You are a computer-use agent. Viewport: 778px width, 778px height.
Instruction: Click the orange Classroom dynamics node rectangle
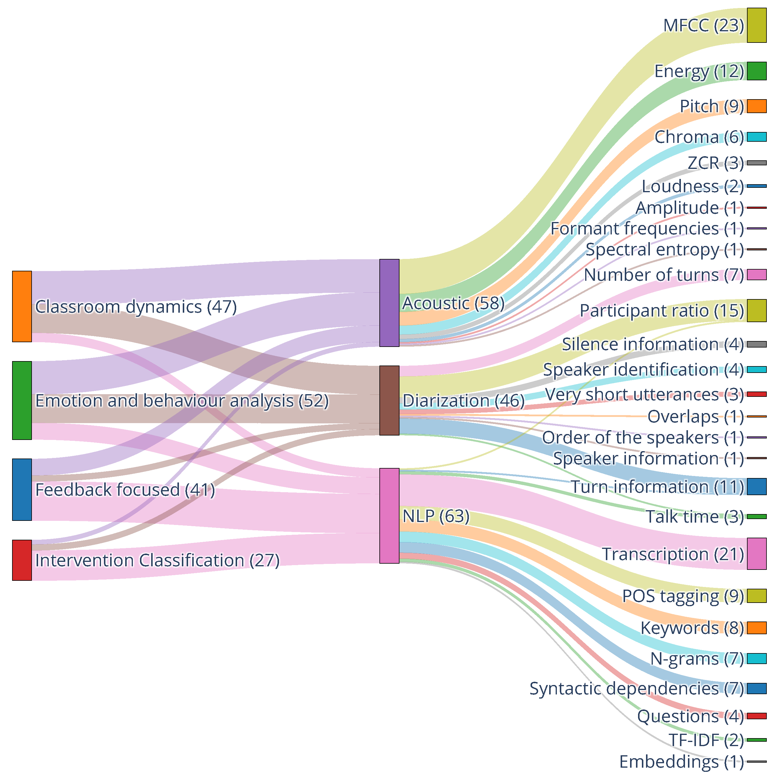point(22,306)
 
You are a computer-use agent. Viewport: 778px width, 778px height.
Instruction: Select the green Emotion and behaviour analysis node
point(22,400)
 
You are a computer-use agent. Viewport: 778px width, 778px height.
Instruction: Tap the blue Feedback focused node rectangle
point(22,489)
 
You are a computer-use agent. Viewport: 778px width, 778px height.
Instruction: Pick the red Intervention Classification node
point(22,560)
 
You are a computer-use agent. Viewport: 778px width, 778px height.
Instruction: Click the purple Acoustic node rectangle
point(389,303)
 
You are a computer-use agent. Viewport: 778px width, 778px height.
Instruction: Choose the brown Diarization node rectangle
point(389,400)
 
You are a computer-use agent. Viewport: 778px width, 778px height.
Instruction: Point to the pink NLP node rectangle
point(389,516)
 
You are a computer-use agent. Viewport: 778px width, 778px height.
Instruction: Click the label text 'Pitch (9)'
point(712,106)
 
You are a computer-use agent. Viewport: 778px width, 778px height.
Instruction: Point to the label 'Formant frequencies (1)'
point(647,228)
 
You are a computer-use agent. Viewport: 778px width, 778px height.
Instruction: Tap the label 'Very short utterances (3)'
point(643,394)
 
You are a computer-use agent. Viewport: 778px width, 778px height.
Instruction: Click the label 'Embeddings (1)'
point(681,761)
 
